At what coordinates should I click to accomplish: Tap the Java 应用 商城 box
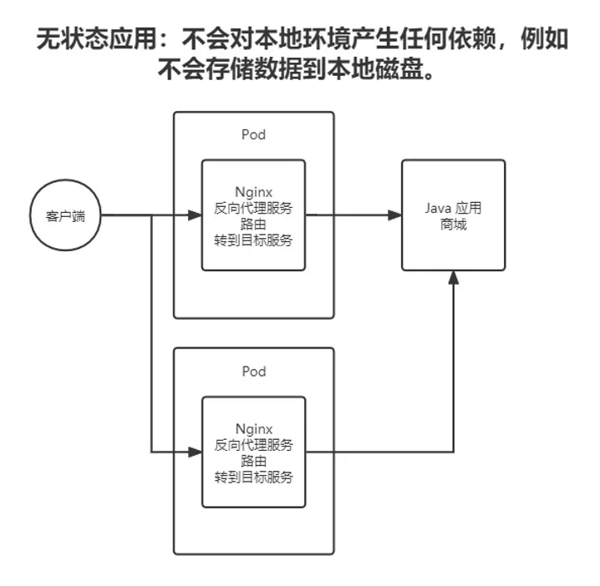[x=453, y=215]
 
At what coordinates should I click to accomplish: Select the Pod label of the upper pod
[x=253, y=135]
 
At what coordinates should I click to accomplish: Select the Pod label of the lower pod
[x=253, y=369]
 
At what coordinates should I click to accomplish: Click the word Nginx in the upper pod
[x=254, y=192]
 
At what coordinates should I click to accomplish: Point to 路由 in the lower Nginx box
[x=254, y=461]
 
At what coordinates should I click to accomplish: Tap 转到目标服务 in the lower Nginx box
[x=254, y=477]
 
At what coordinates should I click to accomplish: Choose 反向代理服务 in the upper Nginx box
[x=254, y=208]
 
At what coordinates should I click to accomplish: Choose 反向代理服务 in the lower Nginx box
[x=254, y=445]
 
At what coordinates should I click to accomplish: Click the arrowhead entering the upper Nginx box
[x=196, y=215]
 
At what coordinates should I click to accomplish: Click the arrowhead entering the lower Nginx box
[x=196, y=453]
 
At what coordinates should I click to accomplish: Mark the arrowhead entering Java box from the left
[x=394, y=215]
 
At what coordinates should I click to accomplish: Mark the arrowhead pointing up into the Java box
[x=453, y=278]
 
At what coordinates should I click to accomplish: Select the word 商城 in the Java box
[x=453, y=225]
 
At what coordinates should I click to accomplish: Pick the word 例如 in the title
[x=544, y=41]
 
